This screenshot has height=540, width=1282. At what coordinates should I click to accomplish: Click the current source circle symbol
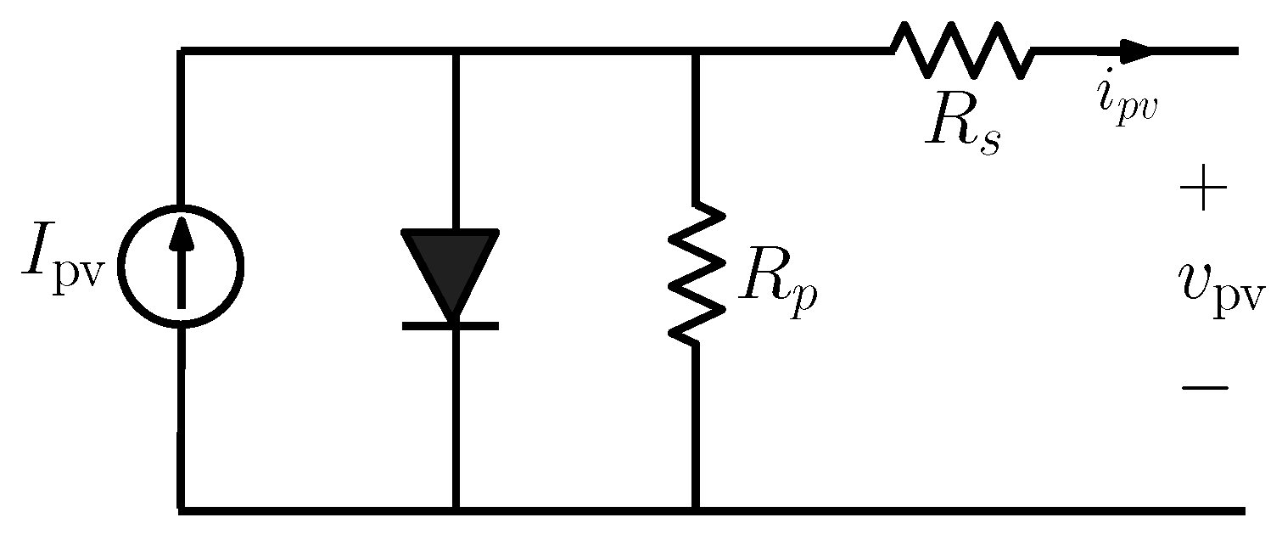coord(180,266)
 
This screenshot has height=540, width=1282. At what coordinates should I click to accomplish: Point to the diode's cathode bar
coord(451,325)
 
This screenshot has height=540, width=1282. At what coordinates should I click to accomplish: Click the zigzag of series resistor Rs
coord(962,50)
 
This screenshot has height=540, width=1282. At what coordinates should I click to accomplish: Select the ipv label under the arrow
coord(1124,101)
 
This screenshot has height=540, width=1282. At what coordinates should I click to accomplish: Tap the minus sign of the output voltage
coord(1203,388)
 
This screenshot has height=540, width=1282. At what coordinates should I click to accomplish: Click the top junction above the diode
coord(456,52)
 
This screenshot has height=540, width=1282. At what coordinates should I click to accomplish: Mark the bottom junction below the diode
coord(456,510)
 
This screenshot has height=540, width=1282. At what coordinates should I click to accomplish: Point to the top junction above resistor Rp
coord(696,52)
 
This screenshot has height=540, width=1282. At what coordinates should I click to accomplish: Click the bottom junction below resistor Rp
coord(696,510)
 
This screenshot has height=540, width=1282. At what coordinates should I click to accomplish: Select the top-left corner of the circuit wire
coord(180,52)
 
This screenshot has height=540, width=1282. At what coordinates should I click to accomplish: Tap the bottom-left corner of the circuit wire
coord(180,510)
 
